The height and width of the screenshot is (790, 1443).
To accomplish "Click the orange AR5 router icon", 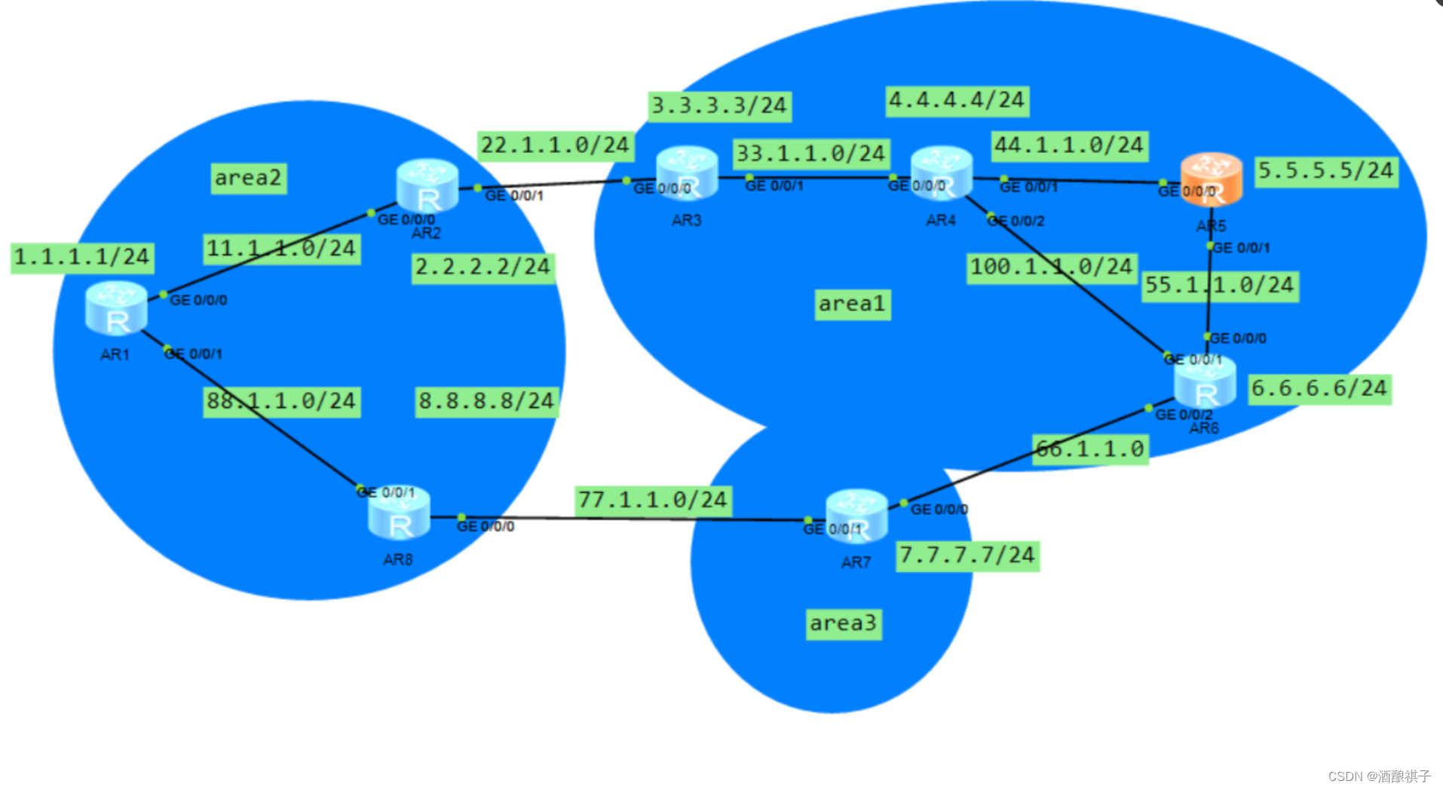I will coord(1211,179).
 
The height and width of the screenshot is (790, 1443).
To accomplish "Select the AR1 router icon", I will coord(116,308).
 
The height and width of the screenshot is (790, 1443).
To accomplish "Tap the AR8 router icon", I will coord(399,513).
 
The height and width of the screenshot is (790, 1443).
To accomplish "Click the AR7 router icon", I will coord(856,516).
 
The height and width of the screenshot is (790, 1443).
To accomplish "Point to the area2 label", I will coord(248,179).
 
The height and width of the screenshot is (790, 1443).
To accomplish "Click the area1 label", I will coord(852,305).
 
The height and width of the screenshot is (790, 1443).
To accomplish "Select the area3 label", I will coord(844,624).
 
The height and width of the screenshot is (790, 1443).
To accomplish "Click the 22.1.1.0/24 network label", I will coord(555,145).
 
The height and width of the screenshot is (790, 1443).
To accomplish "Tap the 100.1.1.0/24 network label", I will coord(1052,268).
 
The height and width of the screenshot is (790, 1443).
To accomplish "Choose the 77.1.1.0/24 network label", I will coord(653,501).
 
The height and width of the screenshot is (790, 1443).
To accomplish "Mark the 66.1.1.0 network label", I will coord(1090,450).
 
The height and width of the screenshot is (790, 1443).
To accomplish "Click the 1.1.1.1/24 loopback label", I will coord(82,258).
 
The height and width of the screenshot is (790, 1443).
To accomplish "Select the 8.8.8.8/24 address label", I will coord(486,402).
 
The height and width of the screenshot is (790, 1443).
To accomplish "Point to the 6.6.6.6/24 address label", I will coord(1319,389).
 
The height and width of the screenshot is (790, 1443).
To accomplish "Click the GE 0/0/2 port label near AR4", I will coord(1016,222).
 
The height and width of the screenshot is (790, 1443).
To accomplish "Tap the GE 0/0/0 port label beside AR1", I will coord(198,301).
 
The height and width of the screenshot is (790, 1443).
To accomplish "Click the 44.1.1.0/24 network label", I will coord(1069,145).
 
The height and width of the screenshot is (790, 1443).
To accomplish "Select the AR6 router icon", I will coord(1205,383).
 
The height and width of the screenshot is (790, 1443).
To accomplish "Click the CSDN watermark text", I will coord(1379,776).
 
